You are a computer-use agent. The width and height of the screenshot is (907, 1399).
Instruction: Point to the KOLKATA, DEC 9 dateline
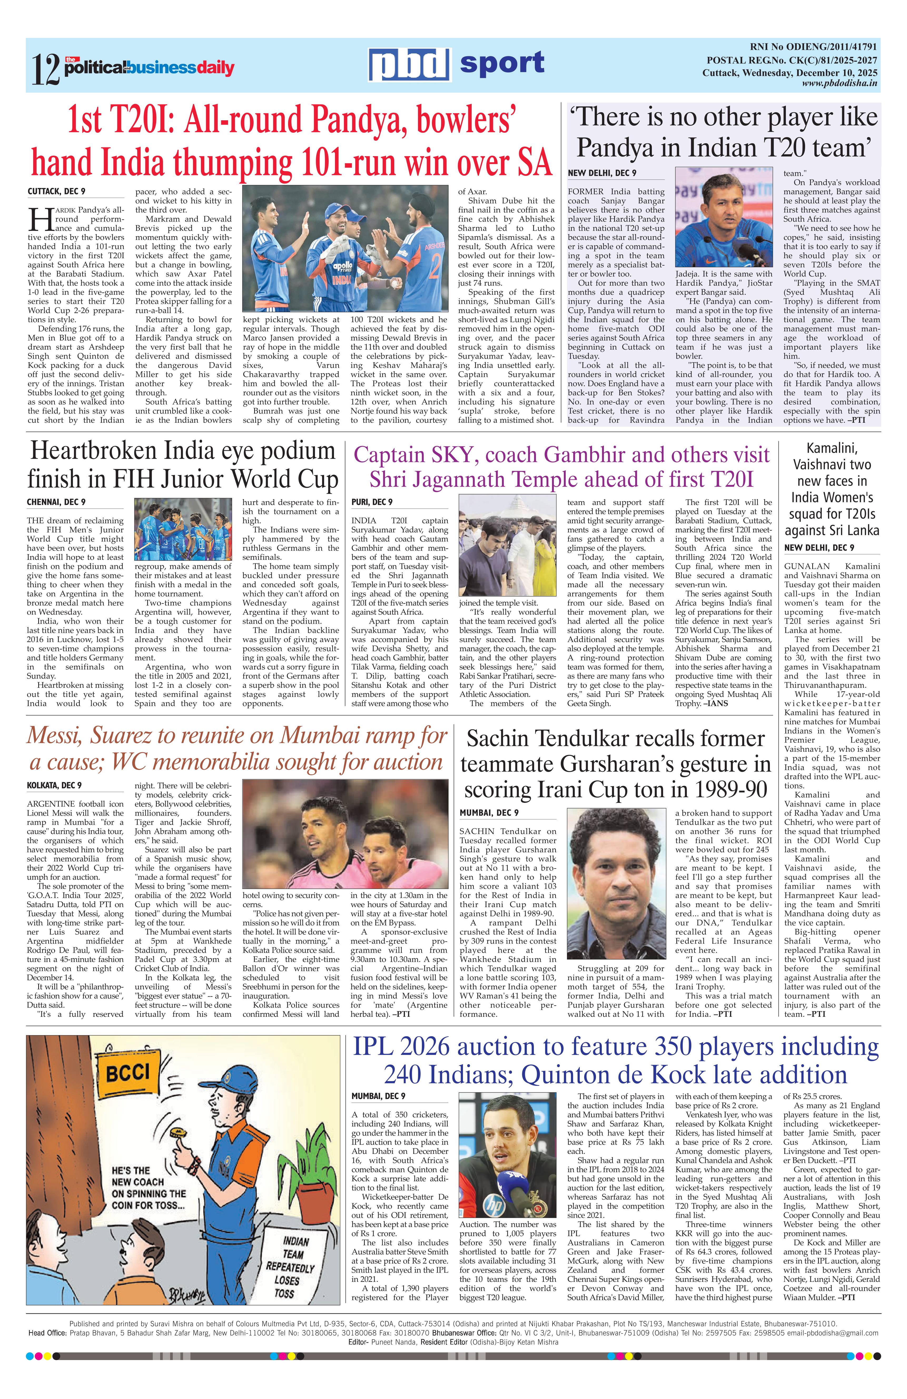coord(54,785)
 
